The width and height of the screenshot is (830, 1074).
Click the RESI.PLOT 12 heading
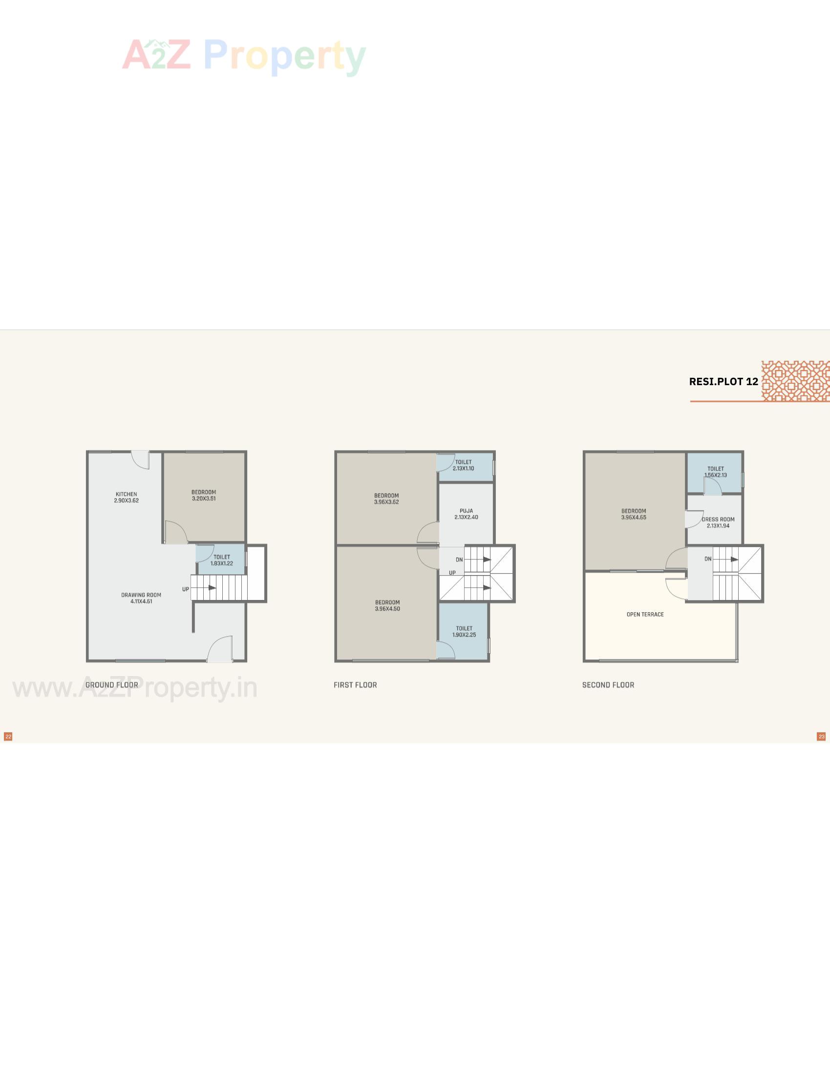point(723,382)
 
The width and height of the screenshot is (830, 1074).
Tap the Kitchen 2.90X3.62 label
point(127,497)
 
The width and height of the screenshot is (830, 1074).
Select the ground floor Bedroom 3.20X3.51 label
point(204,495)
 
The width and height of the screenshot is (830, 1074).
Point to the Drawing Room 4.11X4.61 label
point(141,598)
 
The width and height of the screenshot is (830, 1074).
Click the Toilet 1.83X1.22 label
point(222,560)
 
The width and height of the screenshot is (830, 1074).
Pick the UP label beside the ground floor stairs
point(186,589)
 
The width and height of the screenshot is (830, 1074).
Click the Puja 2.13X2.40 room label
point(466,514)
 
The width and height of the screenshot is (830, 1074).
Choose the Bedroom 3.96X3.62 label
point(386,498)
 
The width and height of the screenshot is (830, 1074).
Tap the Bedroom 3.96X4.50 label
point(387,605)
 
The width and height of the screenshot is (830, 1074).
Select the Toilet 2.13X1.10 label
point(464,465)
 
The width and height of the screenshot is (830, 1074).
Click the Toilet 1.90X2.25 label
point(464,631)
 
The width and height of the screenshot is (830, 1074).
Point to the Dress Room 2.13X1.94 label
point(718,522)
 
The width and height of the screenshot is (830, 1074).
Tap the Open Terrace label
point(645,614)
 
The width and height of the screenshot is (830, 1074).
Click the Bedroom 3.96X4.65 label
point(634,514)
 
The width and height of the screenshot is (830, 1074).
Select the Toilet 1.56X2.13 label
point(715,472)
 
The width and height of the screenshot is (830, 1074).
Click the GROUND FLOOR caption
point(112,684)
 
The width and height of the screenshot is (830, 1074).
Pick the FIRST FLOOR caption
point(355,684)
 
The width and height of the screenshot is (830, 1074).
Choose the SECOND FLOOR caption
point(608,684)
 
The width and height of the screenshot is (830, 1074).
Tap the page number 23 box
point(821,736)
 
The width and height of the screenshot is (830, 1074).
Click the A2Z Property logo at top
point(244,56)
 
